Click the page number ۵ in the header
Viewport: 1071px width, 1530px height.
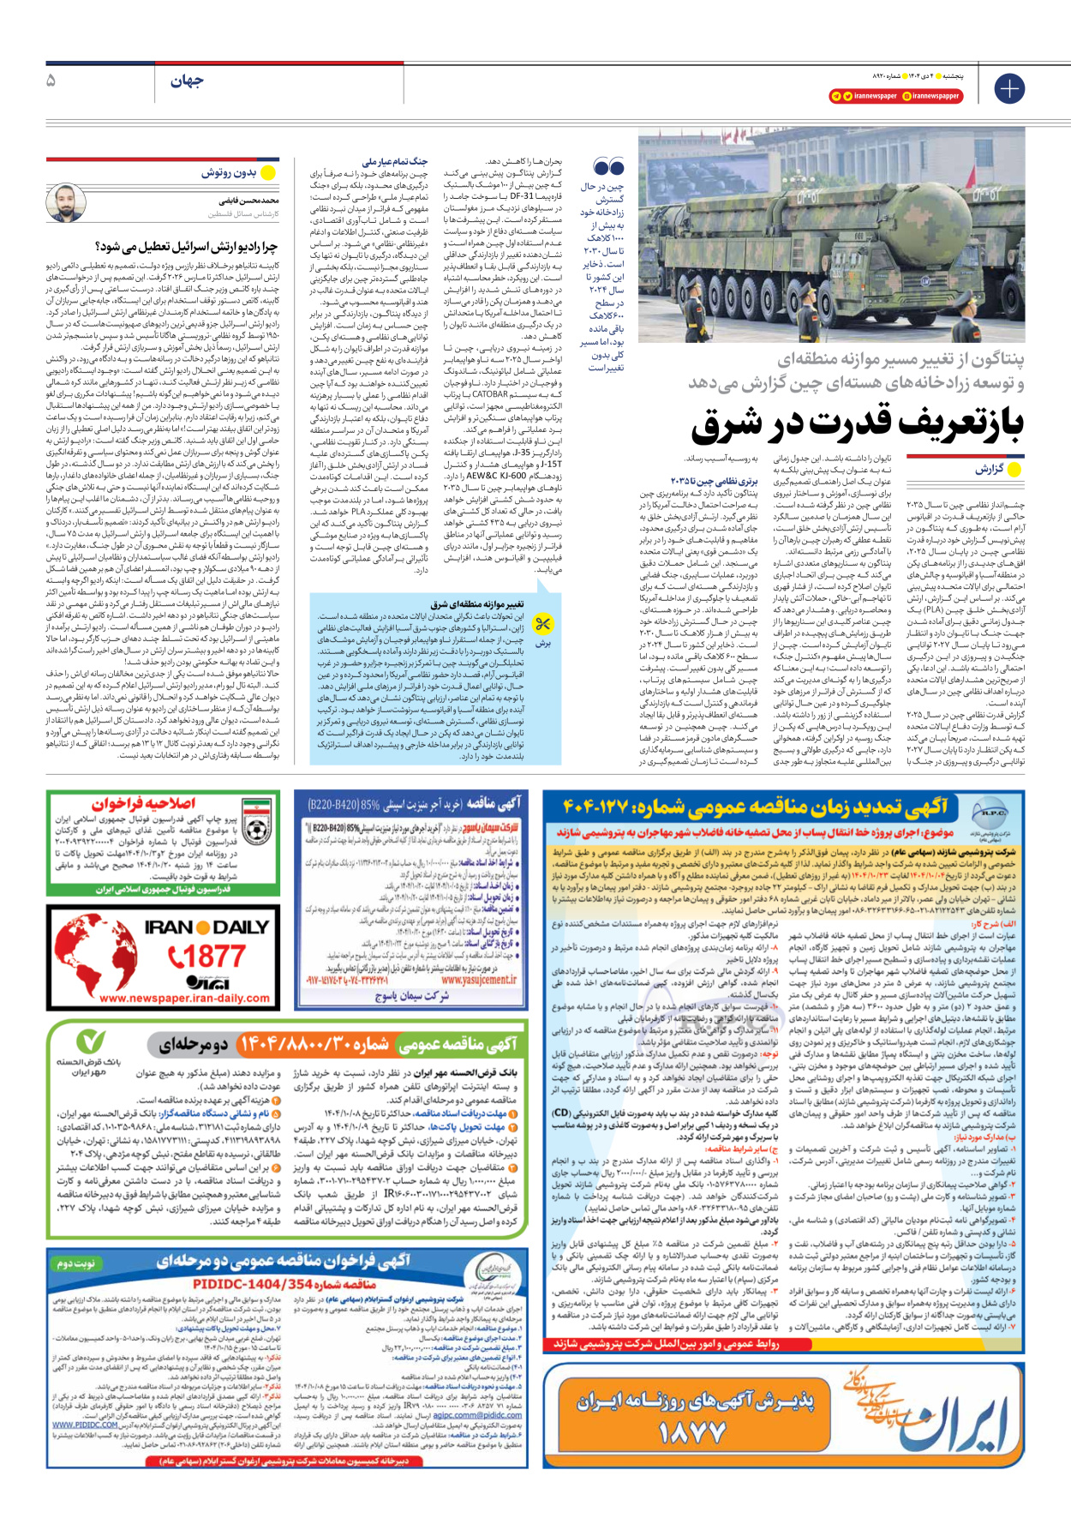pyautogui.click(x=51, y=81)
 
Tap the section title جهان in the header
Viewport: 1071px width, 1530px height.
pyautogui.click(x=187, y=81)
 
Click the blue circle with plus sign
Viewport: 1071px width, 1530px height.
pyautogui.click(x=1009, y=88)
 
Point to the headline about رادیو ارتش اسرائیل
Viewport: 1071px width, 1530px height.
pyautogui.click(x=187, y=247)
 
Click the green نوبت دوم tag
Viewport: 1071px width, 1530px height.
pyautogui.click(x=75, y=1264)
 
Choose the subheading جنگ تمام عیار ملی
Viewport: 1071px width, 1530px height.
pyautogui.click(x=395, y=161)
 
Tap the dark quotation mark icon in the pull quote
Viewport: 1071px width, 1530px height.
pyautogui.click(x=608, y=167)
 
